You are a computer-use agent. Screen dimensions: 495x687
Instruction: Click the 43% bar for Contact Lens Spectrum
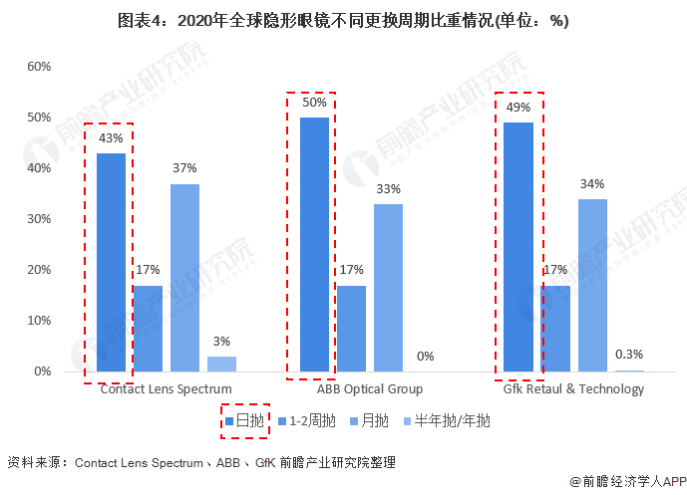111,262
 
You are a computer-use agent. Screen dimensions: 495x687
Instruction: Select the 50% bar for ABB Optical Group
314,244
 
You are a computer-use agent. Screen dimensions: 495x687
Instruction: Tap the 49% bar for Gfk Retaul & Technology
518,247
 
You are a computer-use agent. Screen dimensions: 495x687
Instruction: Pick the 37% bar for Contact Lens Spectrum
184,277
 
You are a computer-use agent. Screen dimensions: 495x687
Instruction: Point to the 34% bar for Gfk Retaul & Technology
592,285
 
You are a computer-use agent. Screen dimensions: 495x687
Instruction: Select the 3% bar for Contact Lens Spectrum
221,364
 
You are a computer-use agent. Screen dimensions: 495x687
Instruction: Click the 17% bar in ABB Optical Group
351,328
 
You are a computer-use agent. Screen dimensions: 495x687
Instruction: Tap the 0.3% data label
629,355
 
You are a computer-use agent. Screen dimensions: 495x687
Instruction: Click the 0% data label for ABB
426,357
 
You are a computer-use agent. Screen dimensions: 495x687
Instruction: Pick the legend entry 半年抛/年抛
445,421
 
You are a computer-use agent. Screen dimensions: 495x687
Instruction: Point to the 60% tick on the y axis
38,66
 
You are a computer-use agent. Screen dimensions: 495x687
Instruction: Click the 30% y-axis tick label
38,219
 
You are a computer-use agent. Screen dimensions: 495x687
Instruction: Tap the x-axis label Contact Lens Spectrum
167,388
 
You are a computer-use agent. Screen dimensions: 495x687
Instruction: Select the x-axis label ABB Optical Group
370,388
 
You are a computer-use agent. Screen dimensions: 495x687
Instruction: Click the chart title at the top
343,21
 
